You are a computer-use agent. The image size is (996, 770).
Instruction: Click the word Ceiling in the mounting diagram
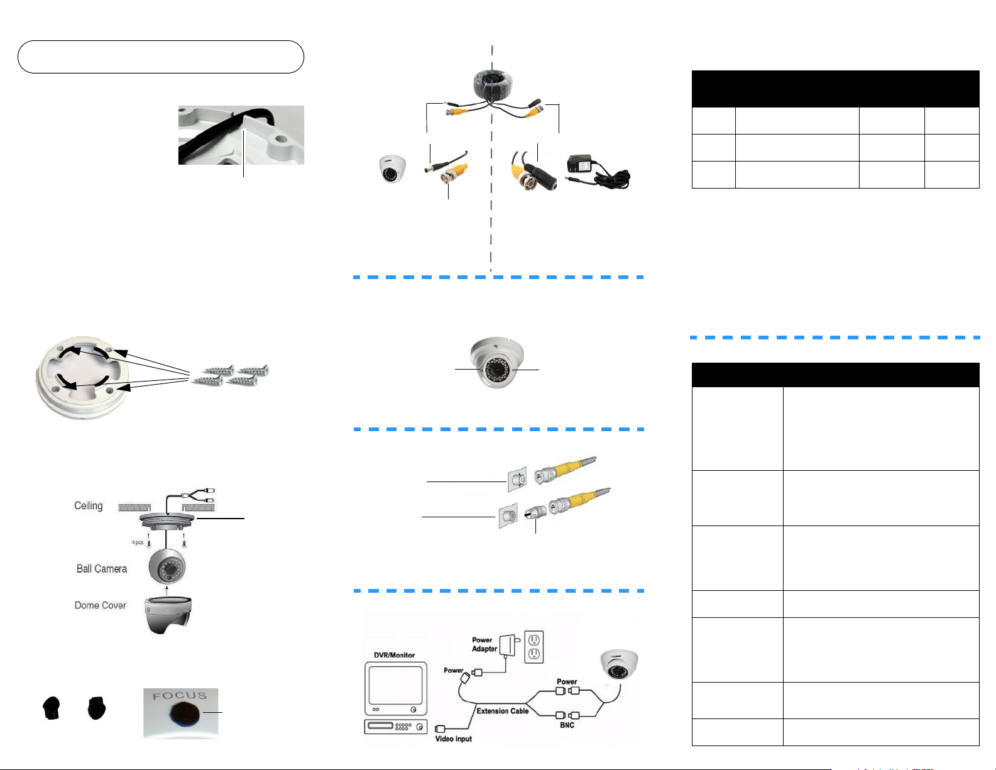pos(88,506)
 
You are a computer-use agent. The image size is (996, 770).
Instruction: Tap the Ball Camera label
pos(102,569)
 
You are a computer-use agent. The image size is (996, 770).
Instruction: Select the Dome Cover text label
pos(100,605)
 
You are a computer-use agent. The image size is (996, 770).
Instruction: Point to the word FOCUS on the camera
pos(180,696)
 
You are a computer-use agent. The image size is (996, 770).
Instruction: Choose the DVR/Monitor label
pos(394,655)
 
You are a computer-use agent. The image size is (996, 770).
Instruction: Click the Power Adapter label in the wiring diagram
pos(484,644)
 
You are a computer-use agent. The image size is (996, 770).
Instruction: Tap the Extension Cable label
pos(502,711)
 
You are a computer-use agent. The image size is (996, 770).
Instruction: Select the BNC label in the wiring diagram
pos(567,725)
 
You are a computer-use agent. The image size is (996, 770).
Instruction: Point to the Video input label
pos(453,739)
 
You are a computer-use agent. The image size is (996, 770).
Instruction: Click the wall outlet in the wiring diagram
pos(534,647)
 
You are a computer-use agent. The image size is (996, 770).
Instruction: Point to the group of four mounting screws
pos(230,375)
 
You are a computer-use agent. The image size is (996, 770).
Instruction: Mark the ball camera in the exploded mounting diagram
pos(167,567)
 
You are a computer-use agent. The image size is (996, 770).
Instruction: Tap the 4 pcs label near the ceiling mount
pos(137,542)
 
